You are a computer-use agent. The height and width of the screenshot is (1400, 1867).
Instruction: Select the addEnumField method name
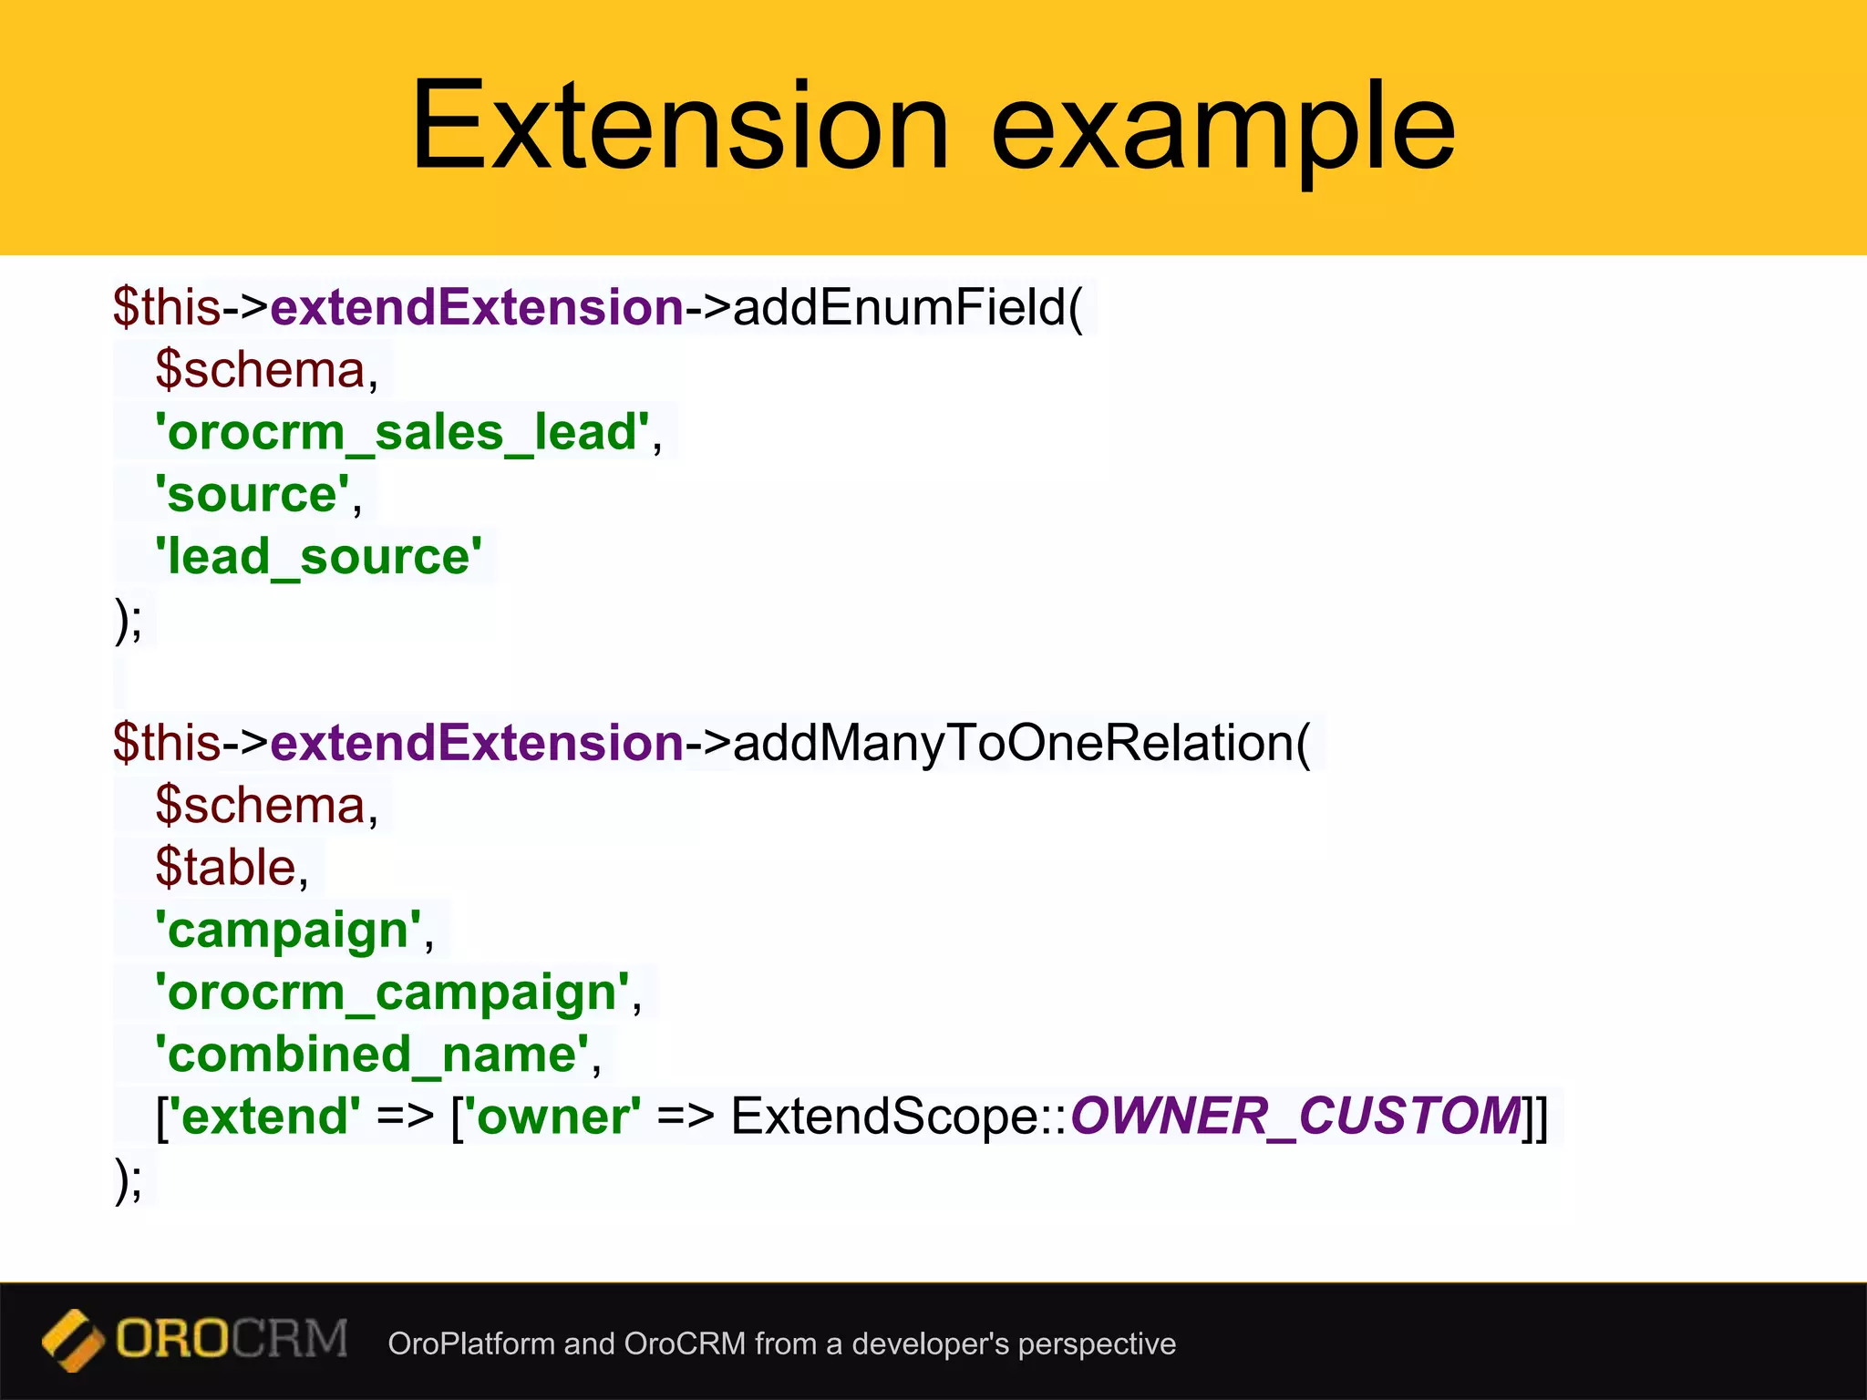908,307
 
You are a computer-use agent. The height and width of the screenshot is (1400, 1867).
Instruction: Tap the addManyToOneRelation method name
1022,743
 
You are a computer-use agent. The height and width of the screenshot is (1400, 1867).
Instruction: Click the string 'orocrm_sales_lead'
402,432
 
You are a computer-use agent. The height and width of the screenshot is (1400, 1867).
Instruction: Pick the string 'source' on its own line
252,495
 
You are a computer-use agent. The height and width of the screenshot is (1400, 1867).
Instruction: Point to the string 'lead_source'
318,557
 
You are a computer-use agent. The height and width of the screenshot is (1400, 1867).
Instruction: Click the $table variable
226,867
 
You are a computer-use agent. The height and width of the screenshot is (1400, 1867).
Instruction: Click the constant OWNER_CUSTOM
1295,1116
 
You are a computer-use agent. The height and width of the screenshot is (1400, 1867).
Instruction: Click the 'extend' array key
264,1117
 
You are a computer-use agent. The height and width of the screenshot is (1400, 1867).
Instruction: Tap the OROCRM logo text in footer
232,1339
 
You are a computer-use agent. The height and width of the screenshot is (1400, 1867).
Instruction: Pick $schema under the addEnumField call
260,370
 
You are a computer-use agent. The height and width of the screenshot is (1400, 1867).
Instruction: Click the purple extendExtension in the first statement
477,307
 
